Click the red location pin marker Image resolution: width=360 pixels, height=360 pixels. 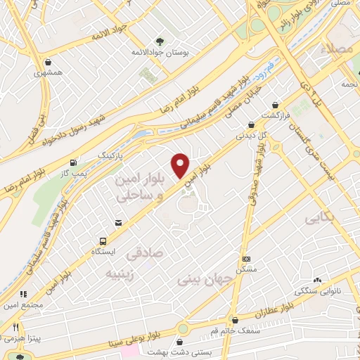coord(181,165)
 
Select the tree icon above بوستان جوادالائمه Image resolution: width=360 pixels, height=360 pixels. coord(160,40)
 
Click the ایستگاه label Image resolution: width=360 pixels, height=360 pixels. coord(105,250)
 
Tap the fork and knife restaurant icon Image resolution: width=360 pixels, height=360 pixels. coord(15,326)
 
